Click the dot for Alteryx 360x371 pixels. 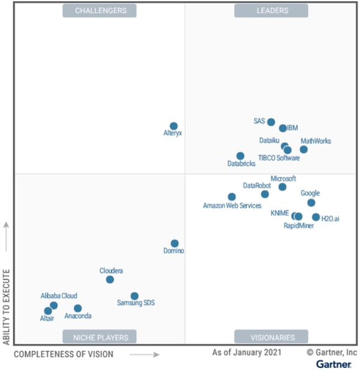click(173, 126)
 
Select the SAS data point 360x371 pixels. click(271, 122)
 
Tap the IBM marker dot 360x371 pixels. click(283, 128)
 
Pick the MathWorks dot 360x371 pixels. click(304, 149)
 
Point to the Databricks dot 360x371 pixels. click(240, 156)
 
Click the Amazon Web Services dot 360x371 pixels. click(232, 197)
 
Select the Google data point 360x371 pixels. click(311, 203)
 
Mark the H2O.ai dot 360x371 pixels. click(316, 217)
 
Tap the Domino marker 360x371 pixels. click(174, 243)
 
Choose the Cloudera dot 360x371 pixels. click(110, 279)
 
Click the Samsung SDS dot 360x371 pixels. click(134, 296)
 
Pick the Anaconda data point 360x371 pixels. click(77, 308)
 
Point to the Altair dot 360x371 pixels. click(48, 311)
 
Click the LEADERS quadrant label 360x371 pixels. click(271, 11)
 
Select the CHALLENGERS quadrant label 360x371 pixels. click(100, 11)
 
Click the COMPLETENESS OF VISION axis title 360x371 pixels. click(64, 354)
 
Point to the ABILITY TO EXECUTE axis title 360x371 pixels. click(7, 306)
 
